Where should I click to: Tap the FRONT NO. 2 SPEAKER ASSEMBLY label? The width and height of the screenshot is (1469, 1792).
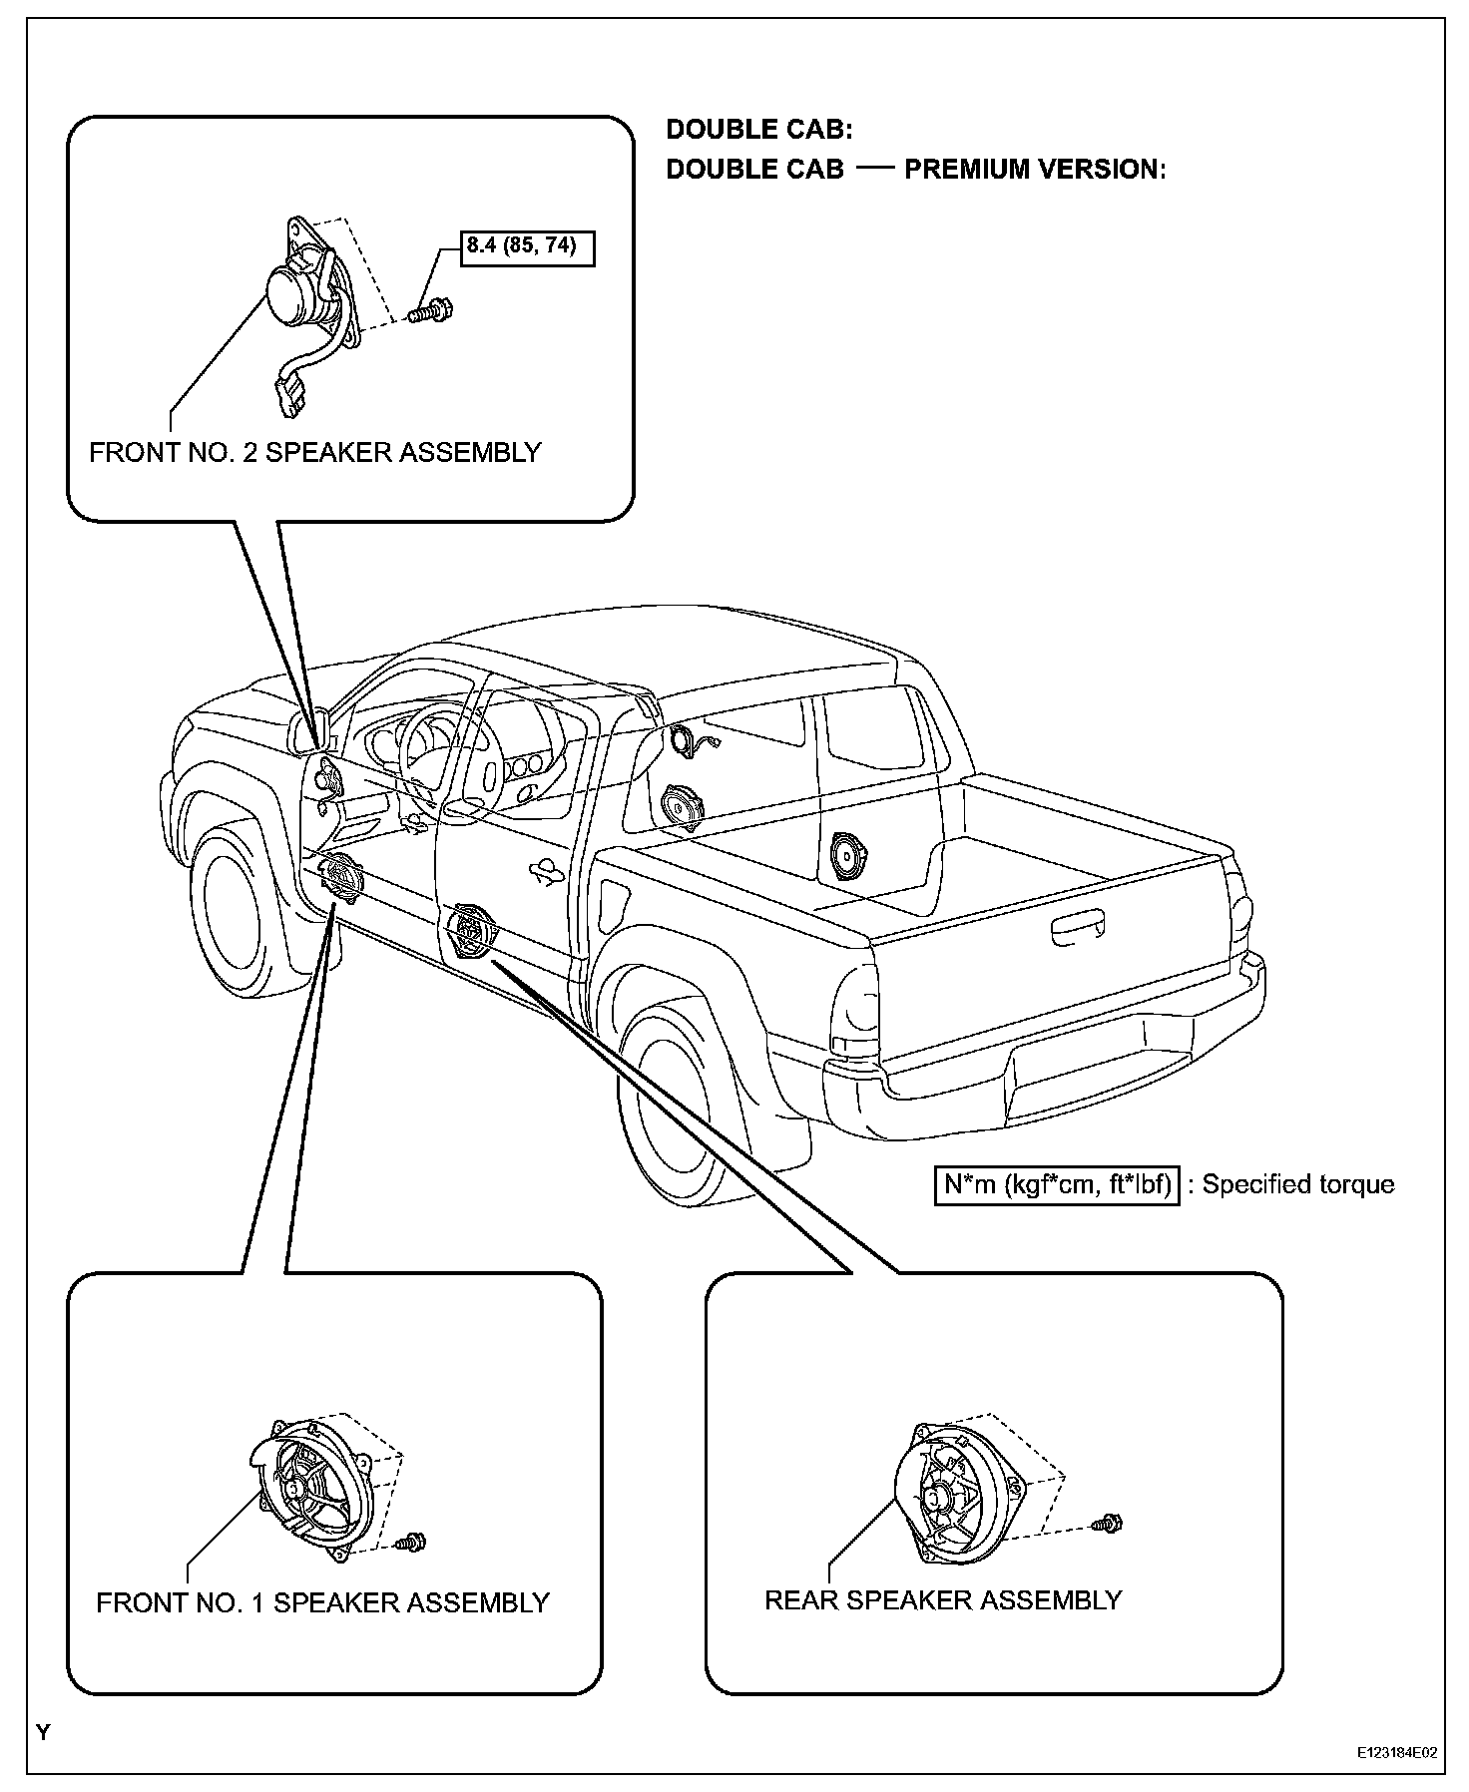[x=314, y=453]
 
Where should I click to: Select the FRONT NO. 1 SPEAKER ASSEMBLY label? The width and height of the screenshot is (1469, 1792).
[x=322, y=1603]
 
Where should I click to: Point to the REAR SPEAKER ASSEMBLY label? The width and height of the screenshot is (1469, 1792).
[x=942, y=1600]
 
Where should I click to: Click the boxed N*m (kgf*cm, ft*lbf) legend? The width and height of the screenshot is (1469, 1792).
[x=1057, y=1184]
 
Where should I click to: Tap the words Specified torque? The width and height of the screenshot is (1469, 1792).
[x=1297, y=1184]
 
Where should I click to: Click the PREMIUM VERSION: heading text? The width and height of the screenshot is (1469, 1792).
[x=1035, y=170]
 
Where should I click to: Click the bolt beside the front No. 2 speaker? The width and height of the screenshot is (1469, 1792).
[x=430, y=312]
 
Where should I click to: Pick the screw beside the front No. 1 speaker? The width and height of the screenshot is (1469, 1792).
[x=410, y=1542]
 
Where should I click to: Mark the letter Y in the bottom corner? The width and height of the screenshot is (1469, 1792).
[x=42, y=1733]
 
